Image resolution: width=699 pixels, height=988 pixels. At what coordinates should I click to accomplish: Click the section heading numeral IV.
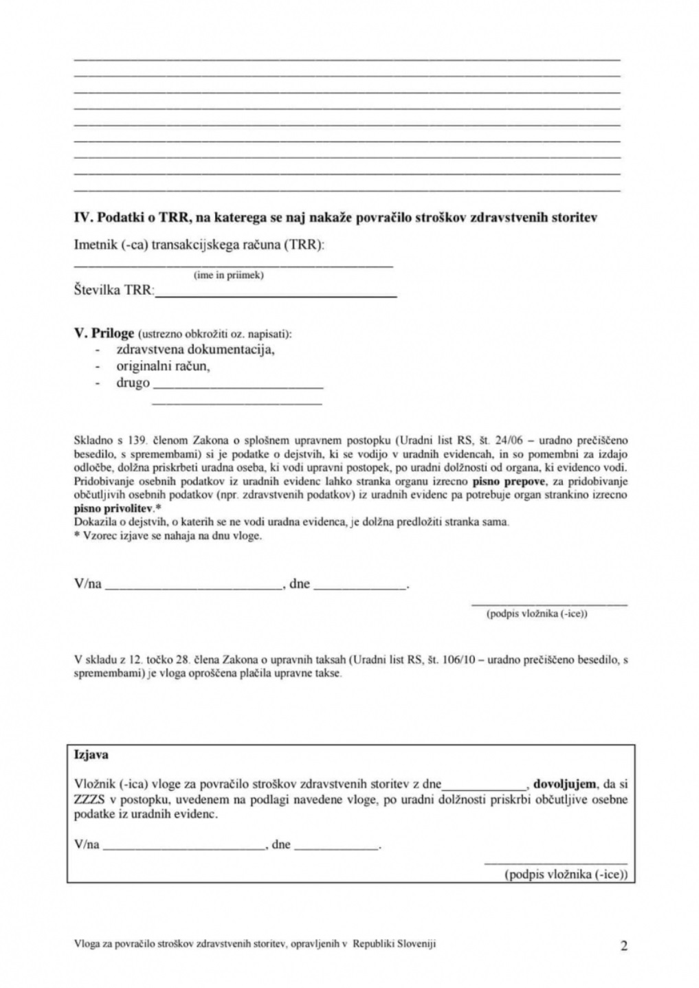82,218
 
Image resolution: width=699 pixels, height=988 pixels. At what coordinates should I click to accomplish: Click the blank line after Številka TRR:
276,294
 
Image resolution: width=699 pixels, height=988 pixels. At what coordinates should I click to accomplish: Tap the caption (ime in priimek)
229,275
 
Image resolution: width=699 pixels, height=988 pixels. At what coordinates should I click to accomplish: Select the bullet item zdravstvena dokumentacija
195,349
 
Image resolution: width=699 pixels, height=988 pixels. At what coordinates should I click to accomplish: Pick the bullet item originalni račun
163,366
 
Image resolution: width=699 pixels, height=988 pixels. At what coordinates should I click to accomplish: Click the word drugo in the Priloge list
133,383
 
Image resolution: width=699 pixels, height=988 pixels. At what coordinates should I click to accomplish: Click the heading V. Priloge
104,333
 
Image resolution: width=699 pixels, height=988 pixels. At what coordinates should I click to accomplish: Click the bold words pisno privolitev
114,508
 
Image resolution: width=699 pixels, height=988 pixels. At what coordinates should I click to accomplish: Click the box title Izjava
91,754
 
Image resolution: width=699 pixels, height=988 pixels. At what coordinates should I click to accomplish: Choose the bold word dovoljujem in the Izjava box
564,784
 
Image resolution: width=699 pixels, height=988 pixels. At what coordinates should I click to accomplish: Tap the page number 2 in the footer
623,946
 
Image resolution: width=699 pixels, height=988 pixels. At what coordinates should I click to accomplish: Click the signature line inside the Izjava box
555,862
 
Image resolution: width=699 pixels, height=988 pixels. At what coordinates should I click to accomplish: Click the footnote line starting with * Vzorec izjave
168,535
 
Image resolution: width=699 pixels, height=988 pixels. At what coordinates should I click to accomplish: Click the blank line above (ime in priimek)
234,265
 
